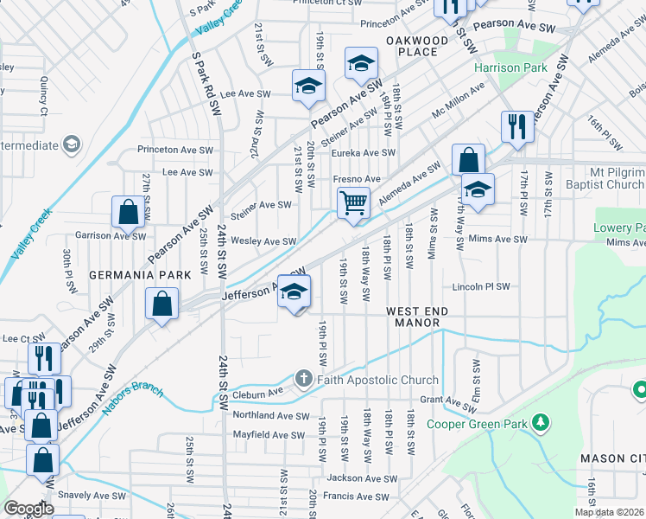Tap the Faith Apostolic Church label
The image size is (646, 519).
[378, 380]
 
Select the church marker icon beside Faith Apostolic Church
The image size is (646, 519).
[303, 379]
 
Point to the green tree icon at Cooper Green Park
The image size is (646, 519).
[541, 422]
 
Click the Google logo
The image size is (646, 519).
[29, 509]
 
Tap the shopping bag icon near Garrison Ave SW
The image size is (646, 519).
[128, 212]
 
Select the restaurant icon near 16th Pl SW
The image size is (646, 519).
[516, 125]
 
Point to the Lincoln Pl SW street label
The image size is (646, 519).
[481, 286]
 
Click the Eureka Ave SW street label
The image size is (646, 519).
[364, 153]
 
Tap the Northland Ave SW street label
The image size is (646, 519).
[270, 416]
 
